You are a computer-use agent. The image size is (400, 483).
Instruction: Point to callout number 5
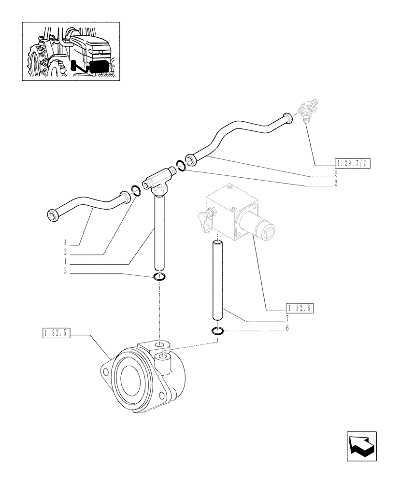pyautogui.click(x=336, y=172)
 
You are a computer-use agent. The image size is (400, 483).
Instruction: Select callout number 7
pyautogui.click(x=287, y=318)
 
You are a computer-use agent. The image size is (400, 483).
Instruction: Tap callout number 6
pyautogui.click(x=287, y=328)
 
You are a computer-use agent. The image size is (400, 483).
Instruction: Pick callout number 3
pyautogui.click(x=64, y=272)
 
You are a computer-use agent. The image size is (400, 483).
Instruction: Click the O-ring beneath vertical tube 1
pyautogui.click(x=159, y=277)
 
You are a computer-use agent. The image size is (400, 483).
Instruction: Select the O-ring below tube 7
pyautogui.click(x=217, y=331)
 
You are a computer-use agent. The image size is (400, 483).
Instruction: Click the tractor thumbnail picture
pyautogui.click(x=71, y=51)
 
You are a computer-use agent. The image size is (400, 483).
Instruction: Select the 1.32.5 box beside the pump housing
pyautogui.click(x=57, y=333)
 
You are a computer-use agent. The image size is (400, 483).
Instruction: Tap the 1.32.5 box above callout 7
pyautogui.click(x=300, y=307)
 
